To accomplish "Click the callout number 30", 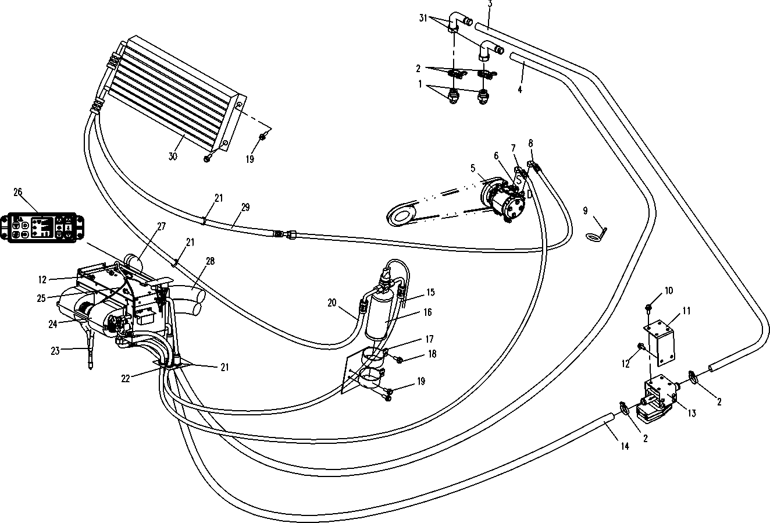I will tap(173, 156).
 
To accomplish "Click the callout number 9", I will tap(585, 210).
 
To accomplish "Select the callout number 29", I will tap(245, 208).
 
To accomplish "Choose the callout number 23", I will tap(55, 350).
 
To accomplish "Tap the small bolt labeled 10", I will tap(648, 307).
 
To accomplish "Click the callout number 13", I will tap(691, 413).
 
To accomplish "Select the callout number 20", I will tap(332, 302).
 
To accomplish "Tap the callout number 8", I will tap(530, 143).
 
